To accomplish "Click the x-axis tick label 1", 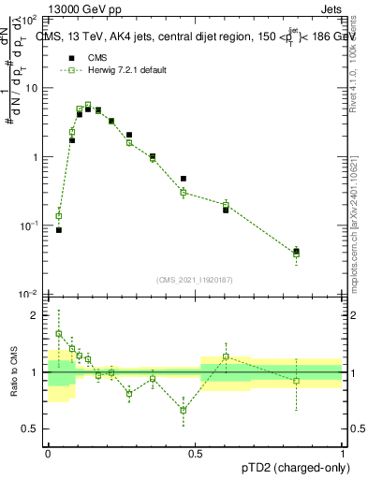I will coord(344,453).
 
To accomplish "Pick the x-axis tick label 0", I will coord(48,453).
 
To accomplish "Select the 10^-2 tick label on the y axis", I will coord(31,295).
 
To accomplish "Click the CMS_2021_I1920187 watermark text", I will coord(195,279).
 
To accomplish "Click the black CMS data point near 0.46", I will coord(184,178).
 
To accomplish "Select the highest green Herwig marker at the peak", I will coord(88,106).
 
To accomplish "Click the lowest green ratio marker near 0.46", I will coord(184,410).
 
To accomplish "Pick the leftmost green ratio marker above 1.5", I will coord(59,333).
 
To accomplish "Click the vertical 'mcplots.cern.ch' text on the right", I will coord(360,215).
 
